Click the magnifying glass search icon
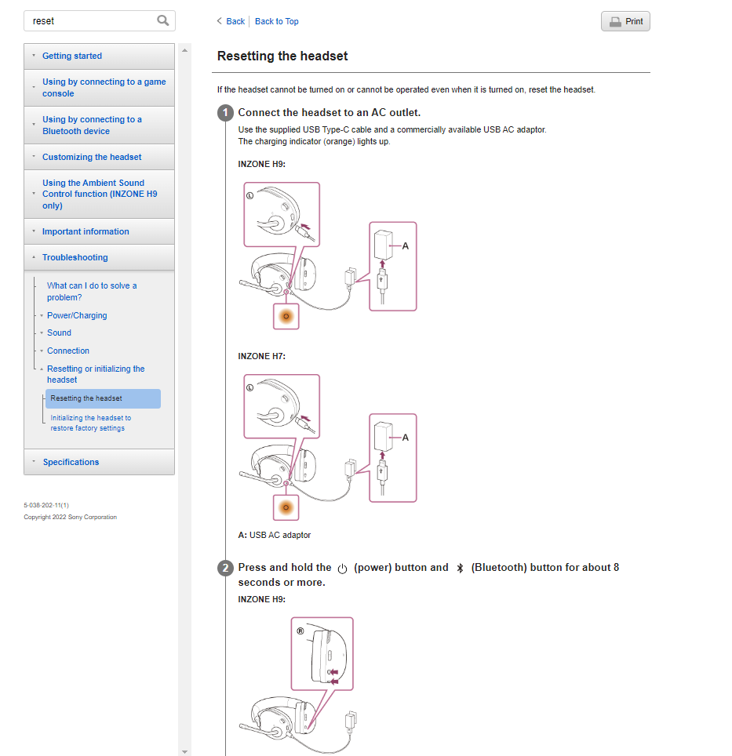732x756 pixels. click(163, 20)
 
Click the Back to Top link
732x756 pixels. click(276, 21)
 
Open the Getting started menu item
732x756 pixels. click(72, 56)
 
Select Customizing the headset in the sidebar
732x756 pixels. click(92, 157)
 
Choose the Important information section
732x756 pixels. click(86, 231)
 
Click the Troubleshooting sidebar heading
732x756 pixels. click(75, 257)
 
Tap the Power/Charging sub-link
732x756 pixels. click(77, 315)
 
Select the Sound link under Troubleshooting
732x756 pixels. click(59, 333)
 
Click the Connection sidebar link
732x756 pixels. click(68, 351)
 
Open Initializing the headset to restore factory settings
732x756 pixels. click(91, 423)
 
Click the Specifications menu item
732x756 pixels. click(71, 462)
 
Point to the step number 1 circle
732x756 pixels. click(225, 113)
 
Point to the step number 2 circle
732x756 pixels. click(225, 568)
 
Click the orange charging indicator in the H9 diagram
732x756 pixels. click(286, 317)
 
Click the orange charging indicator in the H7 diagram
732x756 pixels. click(286, 507)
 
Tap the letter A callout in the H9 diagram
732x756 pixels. click(405, 246)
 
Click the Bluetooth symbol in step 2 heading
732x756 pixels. click(460, 569)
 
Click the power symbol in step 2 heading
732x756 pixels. click(342, 569)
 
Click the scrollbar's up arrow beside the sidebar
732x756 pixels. click(184, 50)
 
